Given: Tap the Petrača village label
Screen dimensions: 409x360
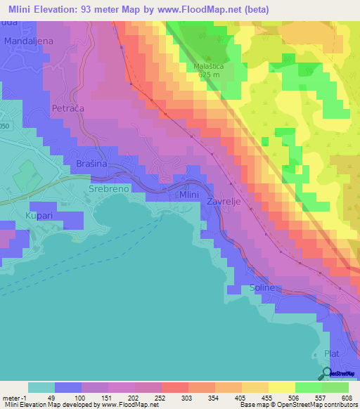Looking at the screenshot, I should coord(69,109).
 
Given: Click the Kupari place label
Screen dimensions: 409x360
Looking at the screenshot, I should coord(39,216).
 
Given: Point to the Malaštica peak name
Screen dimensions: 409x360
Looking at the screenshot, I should coord(209,67).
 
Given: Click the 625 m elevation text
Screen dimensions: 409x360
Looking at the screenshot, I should coord(210,74).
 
